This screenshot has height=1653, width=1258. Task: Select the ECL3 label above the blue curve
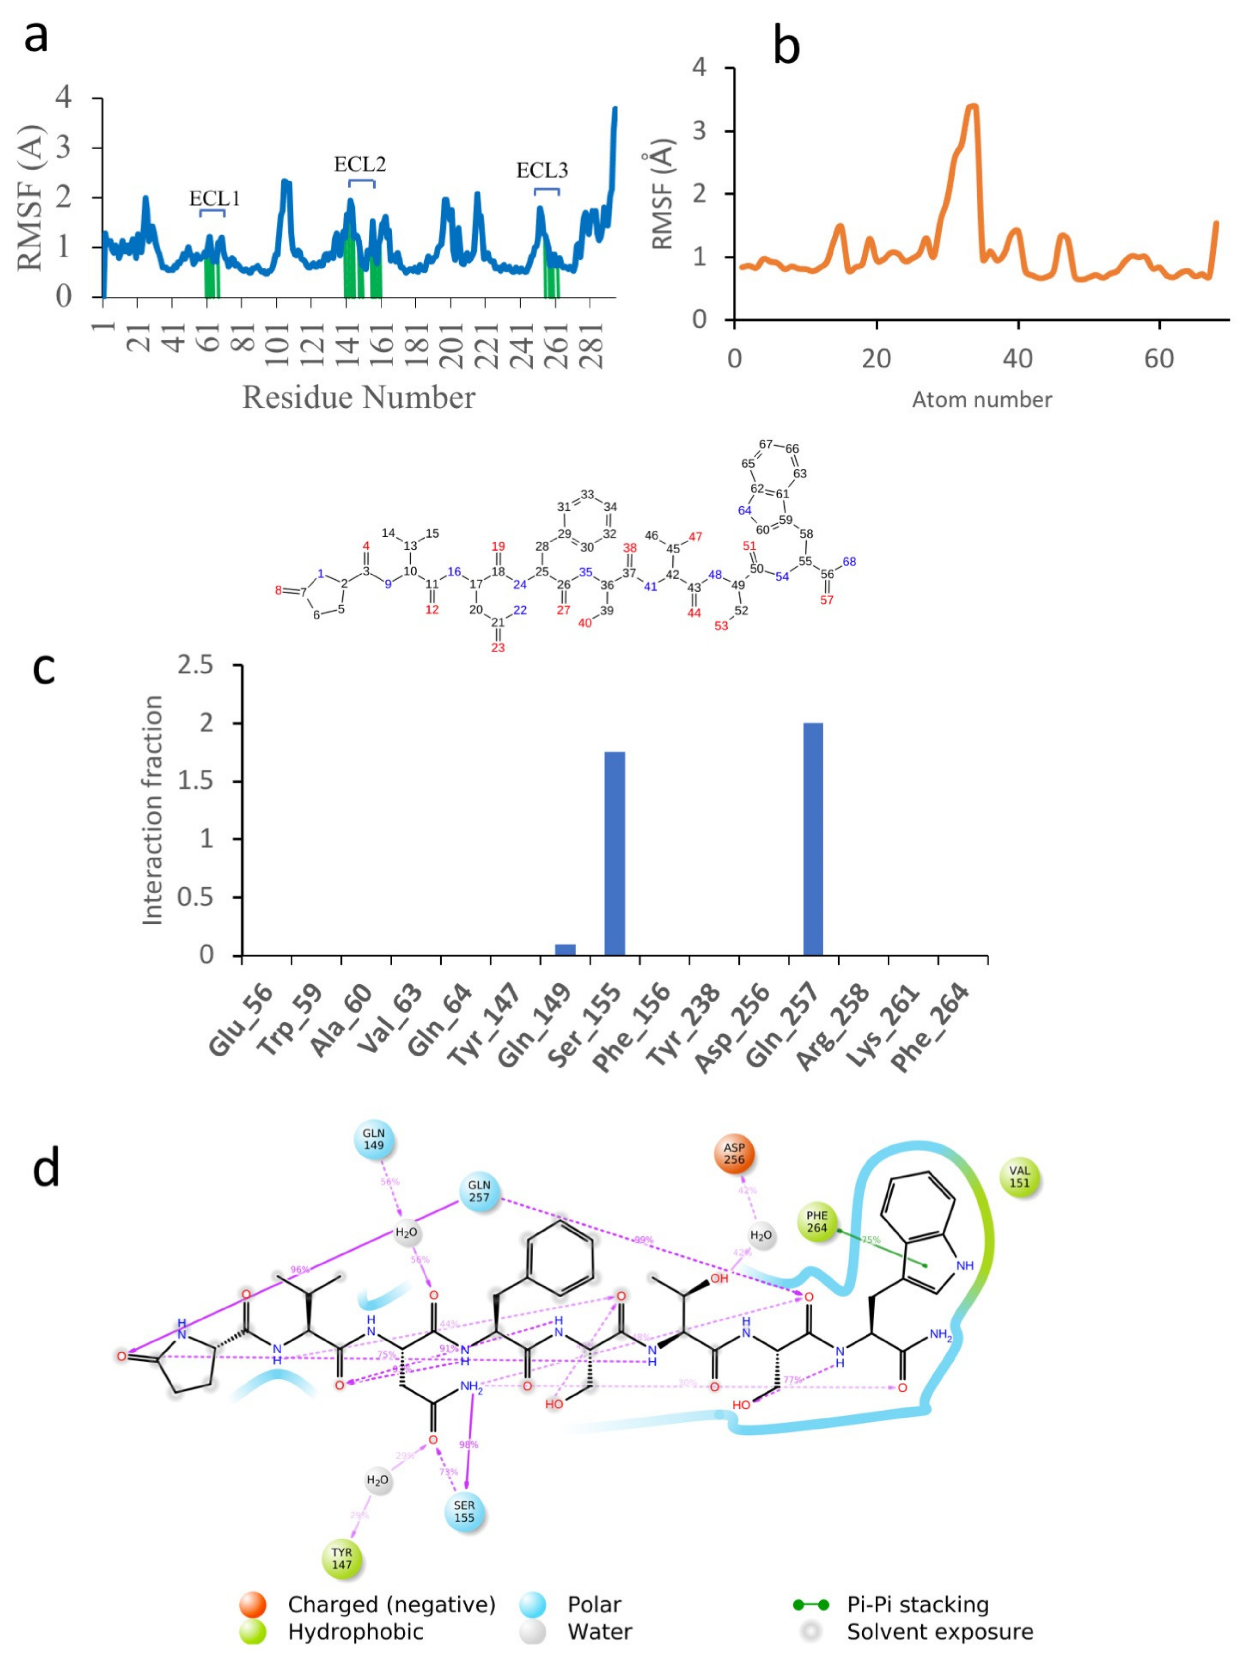pyautogui.click(x=542, y=171)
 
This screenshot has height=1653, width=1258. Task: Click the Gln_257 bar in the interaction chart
pyautogui.click(x=813, y=838)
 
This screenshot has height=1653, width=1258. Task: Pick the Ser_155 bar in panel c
pyautogui.click(x=615, y=853)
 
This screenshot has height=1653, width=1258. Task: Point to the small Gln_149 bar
pyautogui.click(x=565, y=949)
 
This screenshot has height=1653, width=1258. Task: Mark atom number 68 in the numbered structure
pyautogui.click(x=849, y=562)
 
